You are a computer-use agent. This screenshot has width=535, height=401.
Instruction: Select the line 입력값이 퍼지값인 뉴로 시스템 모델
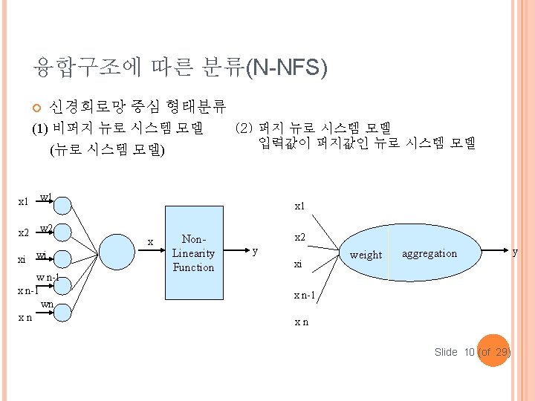click(x=367, y=142)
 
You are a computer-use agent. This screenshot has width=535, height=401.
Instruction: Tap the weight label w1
click(x=45, y=198)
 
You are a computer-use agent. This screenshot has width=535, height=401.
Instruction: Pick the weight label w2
click(x=45, y=227)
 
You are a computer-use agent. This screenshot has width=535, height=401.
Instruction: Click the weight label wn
click(x=47, y=304)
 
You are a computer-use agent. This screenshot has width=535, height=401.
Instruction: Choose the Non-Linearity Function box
click(x=193, y=252)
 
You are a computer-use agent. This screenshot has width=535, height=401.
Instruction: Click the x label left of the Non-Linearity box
click(x=151, y=242)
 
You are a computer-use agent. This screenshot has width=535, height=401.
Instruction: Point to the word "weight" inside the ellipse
click(x=366, y=255)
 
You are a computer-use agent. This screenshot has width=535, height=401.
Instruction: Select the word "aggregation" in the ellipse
click(x=429, y=253)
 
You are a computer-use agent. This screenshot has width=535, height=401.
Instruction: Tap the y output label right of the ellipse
click(x=514, y=252)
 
